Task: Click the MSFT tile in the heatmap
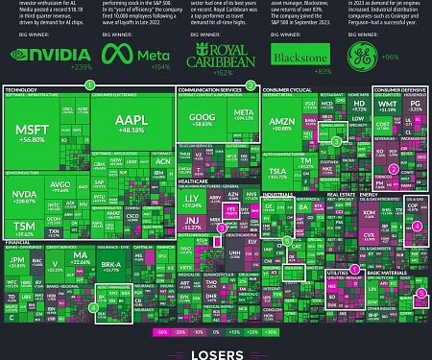(x=36, y=135)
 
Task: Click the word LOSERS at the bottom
(x=215, y=350)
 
